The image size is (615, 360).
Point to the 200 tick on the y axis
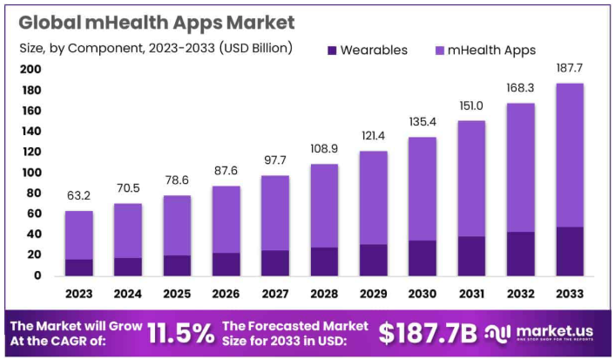pos(30,70)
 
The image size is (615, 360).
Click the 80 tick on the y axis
pos(33,194)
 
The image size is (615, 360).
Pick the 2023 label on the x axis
pos(78,294)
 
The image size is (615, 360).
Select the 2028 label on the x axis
pos(324,294)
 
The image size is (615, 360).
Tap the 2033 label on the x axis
pos(570,294)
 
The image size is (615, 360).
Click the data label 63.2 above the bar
pos(78,195)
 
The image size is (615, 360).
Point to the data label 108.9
pos(324,148)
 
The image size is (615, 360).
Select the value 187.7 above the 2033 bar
pos(570,67)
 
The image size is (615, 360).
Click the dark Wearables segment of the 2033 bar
pos(570,251)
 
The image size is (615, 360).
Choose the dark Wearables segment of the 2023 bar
pos(78,267)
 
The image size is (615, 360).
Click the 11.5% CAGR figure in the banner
pos(179,332)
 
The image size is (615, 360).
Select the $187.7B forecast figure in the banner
pos(428,332)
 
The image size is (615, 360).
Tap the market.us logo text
pos(558,330)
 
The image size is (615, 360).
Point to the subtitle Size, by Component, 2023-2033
pos(156,47)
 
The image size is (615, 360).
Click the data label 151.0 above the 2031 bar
pos(471,105)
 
